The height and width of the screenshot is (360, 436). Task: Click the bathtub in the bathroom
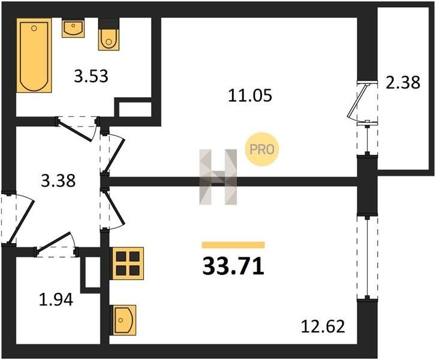tap(34, 55)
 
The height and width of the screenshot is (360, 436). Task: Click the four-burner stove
tap(127, 263)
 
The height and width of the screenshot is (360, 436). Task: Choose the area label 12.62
tap(324, 328)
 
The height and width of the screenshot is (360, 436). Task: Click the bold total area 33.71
tap(233, 266)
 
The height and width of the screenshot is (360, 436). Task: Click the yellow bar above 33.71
tap(233, 245)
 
